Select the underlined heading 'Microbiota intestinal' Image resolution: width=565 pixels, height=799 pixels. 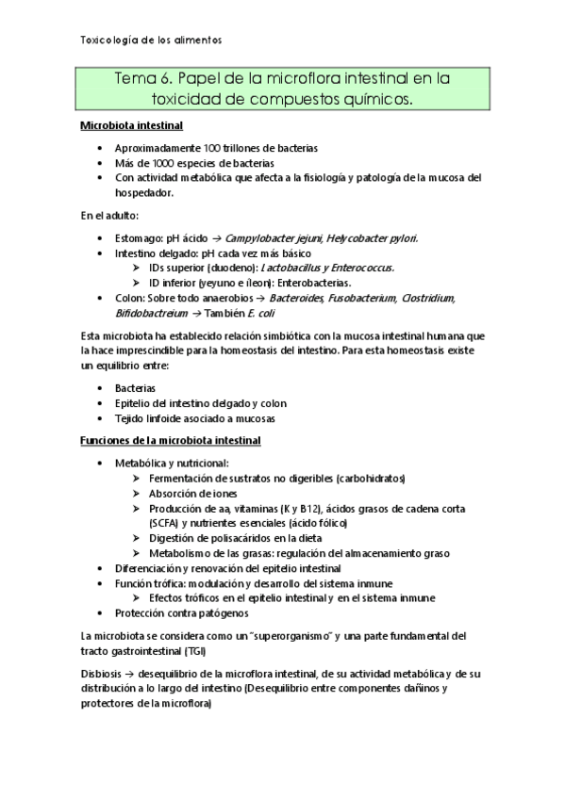click(x=131, y=125)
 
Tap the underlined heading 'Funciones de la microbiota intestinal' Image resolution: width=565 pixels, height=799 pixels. click(x=171, y=440)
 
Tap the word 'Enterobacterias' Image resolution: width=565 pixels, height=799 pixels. click(x=316, y=282)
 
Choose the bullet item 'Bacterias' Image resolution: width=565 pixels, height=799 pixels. click(x=136, y=388)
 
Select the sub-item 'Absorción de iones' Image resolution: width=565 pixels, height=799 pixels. click(x=192, y=494)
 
